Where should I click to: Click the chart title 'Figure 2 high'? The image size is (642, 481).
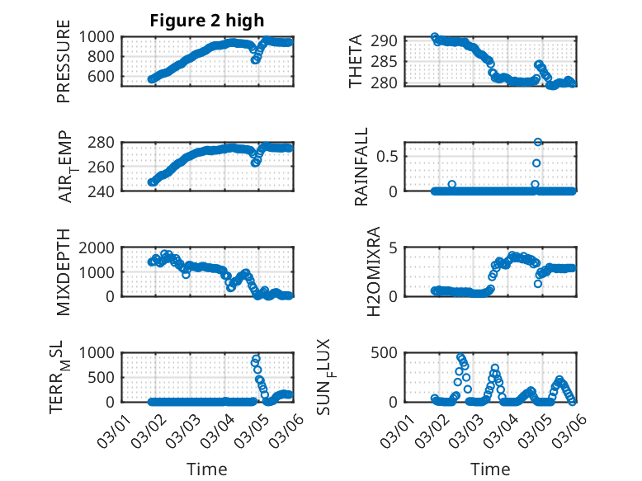(206, 21)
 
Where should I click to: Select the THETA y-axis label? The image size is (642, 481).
(356, 61)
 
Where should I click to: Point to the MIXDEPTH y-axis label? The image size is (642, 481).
(64, 271)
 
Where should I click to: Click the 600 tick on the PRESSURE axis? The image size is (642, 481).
(105, 77)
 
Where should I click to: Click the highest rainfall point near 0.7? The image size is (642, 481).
(538, 142)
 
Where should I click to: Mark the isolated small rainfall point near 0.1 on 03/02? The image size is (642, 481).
(451, 184)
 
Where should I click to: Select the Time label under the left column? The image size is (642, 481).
(207, 469)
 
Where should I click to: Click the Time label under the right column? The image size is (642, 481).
(490, 469)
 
